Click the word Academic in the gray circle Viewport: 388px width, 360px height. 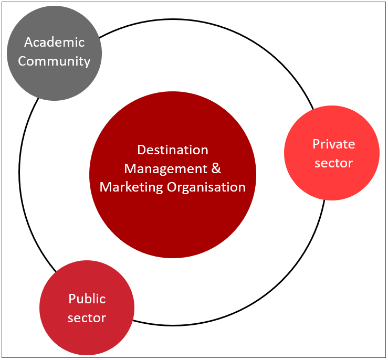(54, 43)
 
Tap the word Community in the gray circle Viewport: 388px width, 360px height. (54, 61)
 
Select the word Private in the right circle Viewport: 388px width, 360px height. (334, 144)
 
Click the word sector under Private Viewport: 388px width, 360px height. (334, 163)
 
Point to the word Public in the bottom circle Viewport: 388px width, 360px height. (87, 299)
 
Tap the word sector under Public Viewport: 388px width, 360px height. (87, 317)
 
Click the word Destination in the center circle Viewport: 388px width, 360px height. (173, 150)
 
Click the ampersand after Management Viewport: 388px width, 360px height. (216, 168)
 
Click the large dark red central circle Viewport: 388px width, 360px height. (173, 226)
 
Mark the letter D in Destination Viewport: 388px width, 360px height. (141, 150)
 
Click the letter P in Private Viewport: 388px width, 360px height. (316, 144)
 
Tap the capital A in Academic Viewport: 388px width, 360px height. (28, 43)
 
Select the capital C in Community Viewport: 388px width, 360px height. (22, 61)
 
